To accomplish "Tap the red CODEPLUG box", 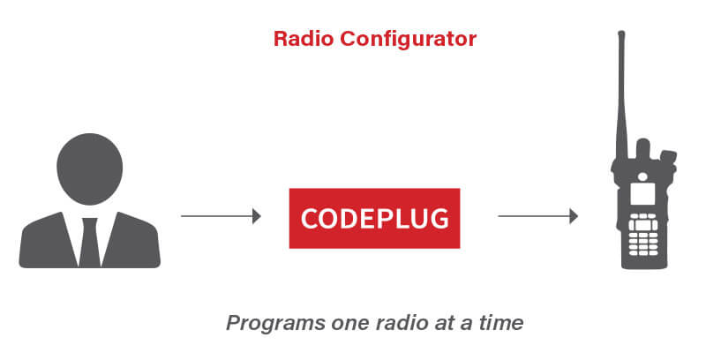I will (x=374, y=217).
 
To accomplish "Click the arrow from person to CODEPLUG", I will (x=221, y=216).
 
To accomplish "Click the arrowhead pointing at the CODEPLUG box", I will (x=257, y=216).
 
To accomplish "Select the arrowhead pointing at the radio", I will (x=574, y=216).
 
